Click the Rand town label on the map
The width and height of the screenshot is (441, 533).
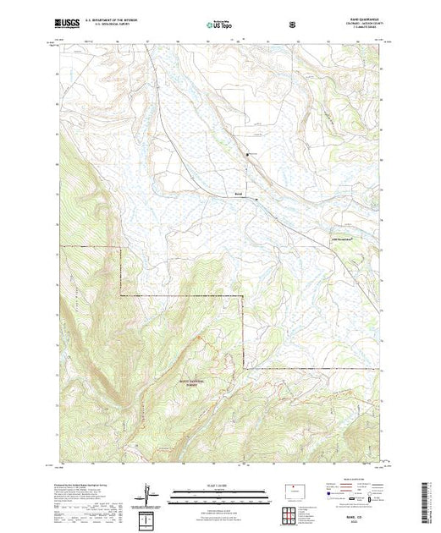238,192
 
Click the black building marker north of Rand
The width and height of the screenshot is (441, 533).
247,154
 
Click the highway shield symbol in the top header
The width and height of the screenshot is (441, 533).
293,25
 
